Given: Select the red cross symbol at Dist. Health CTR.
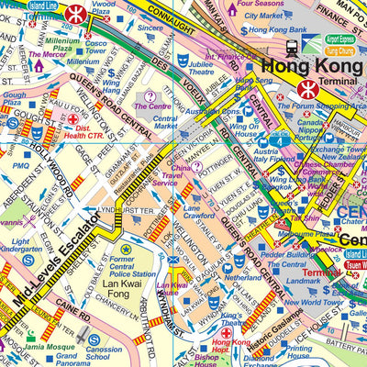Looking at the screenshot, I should click(x=73, y=119).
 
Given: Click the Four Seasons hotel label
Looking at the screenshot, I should click(x=259, y=5).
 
